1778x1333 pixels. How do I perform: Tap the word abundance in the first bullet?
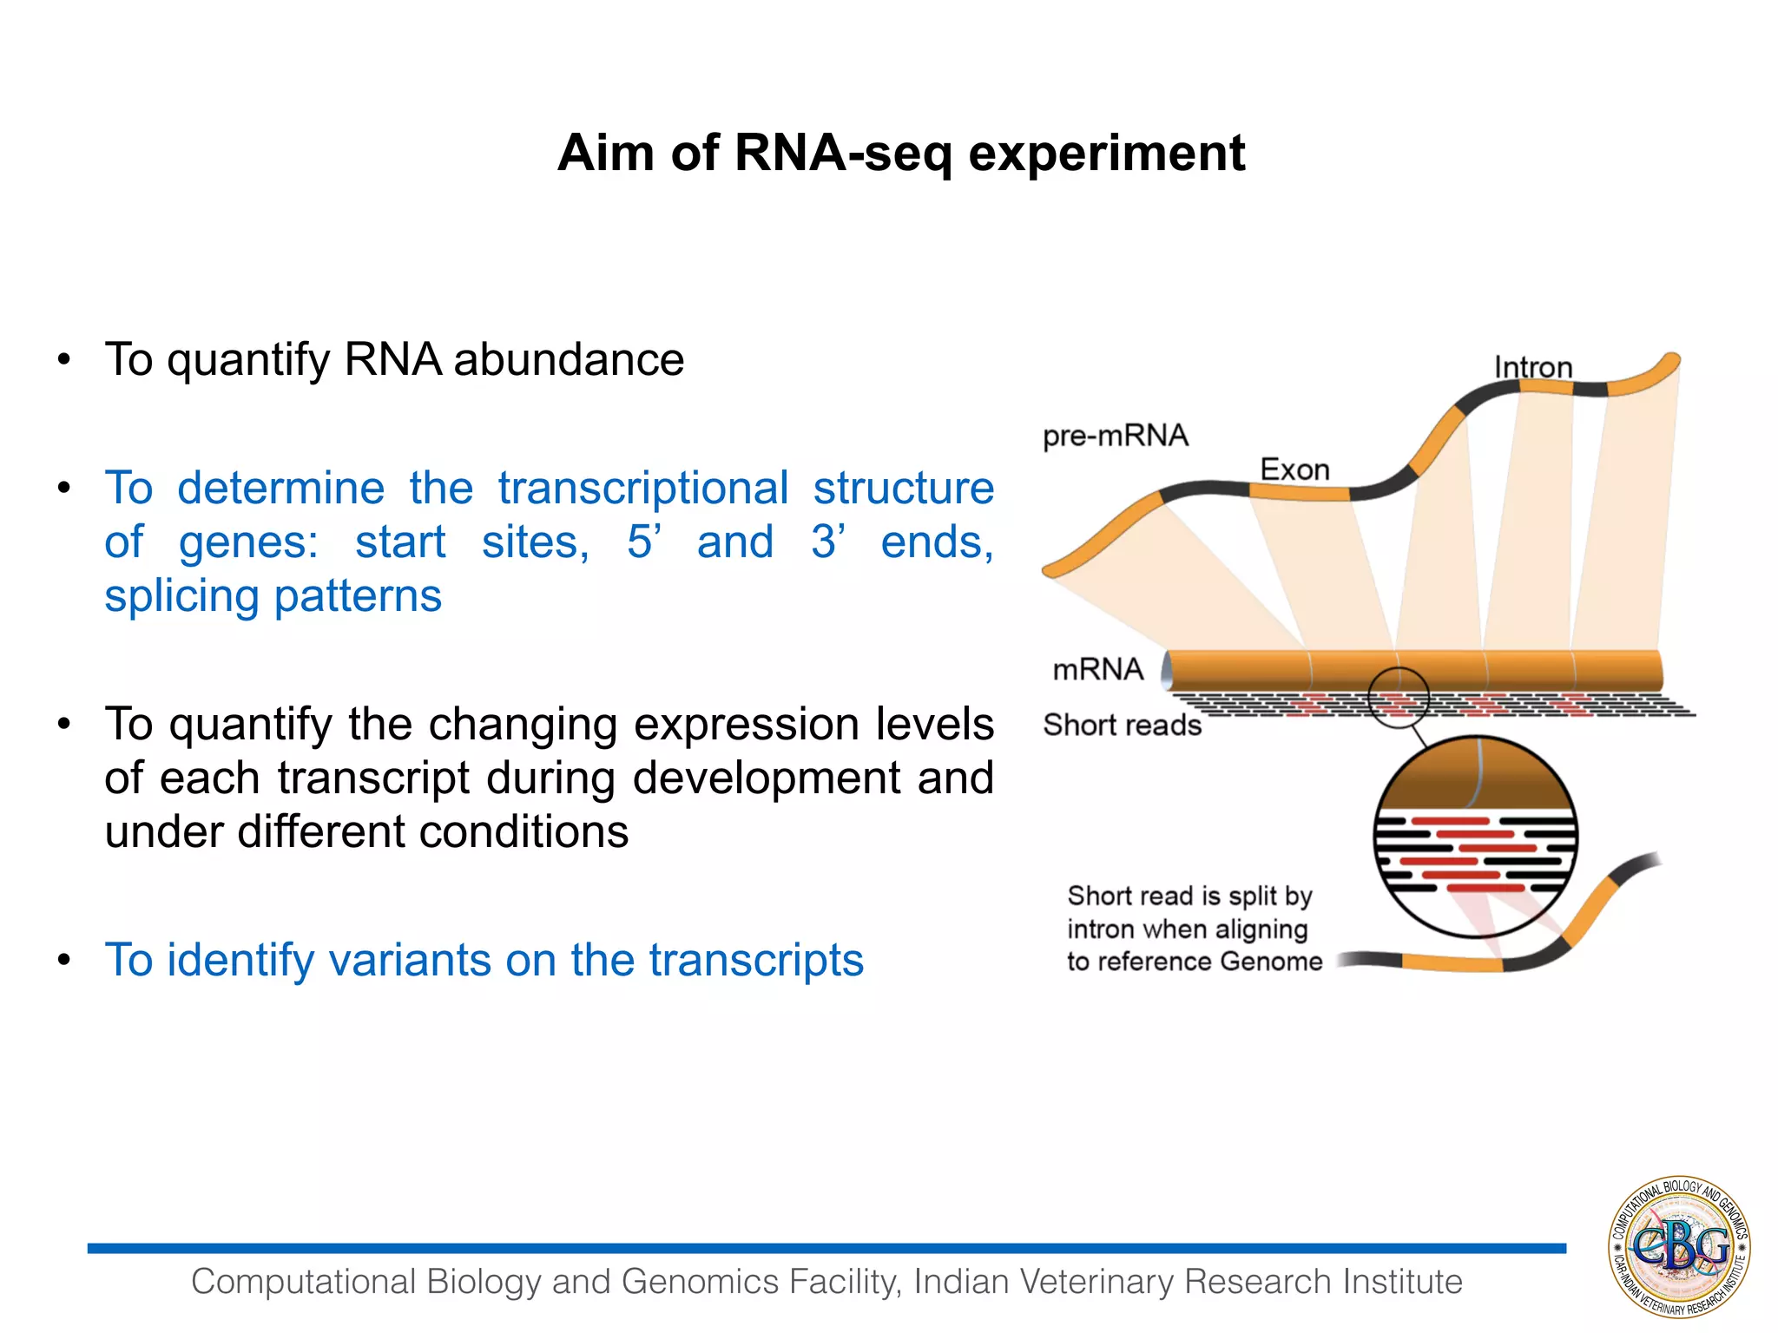pos(569,359)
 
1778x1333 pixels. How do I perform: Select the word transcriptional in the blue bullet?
pos(642,488)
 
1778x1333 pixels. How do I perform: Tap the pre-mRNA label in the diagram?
pos(1115,436)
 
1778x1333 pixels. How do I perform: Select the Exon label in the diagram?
pos(1294,470)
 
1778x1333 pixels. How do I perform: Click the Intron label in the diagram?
pos(1532,367)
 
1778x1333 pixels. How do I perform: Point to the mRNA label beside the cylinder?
pos(1097,669)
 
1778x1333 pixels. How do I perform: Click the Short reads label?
pos(1122,725)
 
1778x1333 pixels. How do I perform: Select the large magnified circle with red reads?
pos(1475,837)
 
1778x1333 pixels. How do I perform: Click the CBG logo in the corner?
pos(1679,1247)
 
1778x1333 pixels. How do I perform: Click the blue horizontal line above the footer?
pos(825,1248)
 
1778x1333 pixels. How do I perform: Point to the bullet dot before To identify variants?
pos(63,960)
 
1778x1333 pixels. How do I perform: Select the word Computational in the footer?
pos(303,1282)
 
